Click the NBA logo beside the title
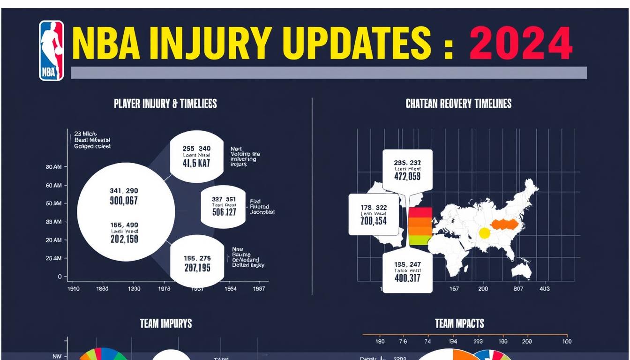click(x=52, y=51)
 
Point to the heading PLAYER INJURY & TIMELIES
click(x=165, y=104)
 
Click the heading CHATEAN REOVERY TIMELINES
click(x=458, y=104)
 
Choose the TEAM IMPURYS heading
click(x=166, y=323)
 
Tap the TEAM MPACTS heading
click(x=459, y=323)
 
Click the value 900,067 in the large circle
click(x=124, y=201)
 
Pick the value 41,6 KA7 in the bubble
click(x=196, y=164)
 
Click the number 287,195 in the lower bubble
click(x=197, y=268)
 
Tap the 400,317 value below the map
click(x=407, y=278)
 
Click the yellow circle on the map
click(x=484, y=232)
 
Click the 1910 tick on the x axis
click(x=75, y=289)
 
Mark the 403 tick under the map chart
click(x=544, y=289)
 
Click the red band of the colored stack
click(x=420, y=211)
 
